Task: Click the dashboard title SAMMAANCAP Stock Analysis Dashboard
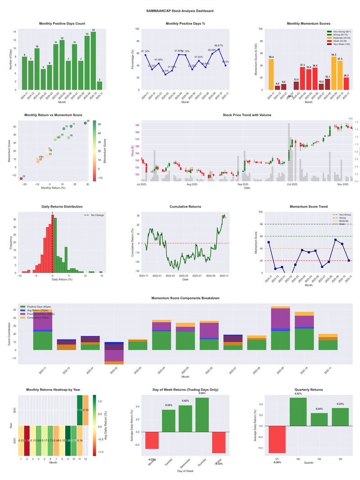coord(180,10)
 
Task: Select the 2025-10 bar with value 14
coord(93,61)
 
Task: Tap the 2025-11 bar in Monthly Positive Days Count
coord(99,86)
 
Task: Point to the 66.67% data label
coord(219,45)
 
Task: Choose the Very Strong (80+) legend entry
coord(340,32)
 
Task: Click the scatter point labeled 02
coord(21,179)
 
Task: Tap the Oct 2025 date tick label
coord(292,184)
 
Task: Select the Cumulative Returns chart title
coord(185,207)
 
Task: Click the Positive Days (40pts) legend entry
coord(39,306)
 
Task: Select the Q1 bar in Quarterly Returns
coord(277,439)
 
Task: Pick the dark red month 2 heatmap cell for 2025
coord(27,440)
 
